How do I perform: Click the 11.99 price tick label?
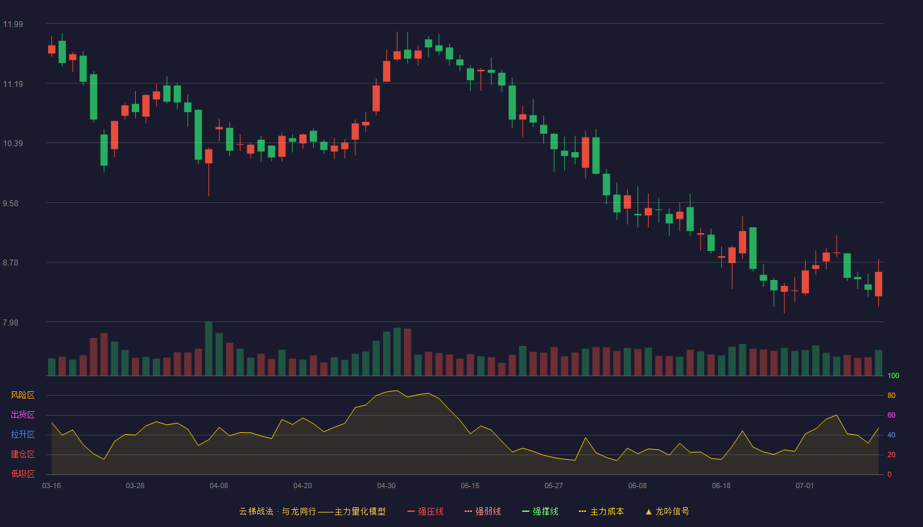pyautogui.click(x=13, y=24)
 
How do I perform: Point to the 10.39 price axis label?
pyautogui.click(x=13, y=144)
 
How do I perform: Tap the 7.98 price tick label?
pyautogui.click(x=11, y=323)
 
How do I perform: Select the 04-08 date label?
pyautogui.click(x=219, y=486)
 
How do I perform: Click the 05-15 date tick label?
pyautogui.click(x=470, y=486)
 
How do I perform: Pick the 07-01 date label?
pyautogui.click(x=805, y=486)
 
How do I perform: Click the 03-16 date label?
pyautogui.click(x=51, y=486)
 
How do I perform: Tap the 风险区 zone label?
pyautogui.click(x=22, y=395)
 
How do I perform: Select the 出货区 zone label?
pyautogui.click(x=22, y=414)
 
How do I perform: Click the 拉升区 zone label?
pyautogui.click(x=22, y=434)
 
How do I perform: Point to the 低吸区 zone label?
pyautogui.click(x=22, y=474)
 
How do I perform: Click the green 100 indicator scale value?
pyautogui.click(x=893, y=375)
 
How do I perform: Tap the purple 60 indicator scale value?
pyautogui.click(x=891, y=415)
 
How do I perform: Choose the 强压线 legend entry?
pyautogui.click(x=425, y=511)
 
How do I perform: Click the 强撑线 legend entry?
pyautogui.click(x=540, y=511)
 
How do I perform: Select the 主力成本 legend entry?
pyautogui.click(x=601, y=511)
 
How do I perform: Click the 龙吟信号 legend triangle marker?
pyautogui.click(x=649, y=512)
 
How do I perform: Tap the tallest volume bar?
pyautogui.click(x=209, y=348)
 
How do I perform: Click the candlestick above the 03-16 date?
pyautogui.click(x=51, y=49)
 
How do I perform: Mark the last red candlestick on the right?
pyautogui.click(x=878, y=284)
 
